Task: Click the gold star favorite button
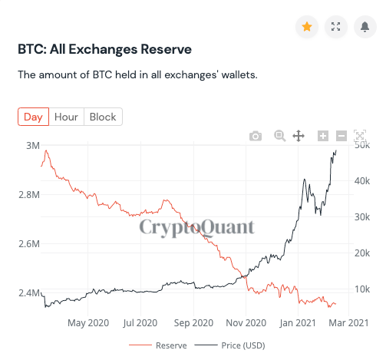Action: [x=307, y=27]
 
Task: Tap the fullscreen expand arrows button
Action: [x=335, y=27]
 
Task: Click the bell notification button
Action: [x=364, y=27]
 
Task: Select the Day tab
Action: [x=33, y=117]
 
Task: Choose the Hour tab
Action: [x=67, y=117]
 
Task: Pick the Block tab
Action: [x=103, y=117]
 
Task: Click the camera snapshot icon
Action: [x=256, y=136]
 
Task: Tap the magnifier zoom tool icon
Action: [x=280, y=136]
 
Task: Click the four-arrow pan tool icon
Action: [x=299, y=136]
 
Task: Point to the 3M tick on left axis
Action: [x=33, y=145]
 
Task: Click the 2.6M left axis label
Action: [x=29, y=244]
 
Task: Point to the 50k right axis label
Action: [x=364, y=145]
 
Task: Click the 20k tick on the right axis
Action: [x=364, y=253]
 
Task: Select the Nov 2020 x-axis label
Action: [x=246, y=323]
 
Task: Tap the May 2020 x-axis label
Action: [x=88, y=323]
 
